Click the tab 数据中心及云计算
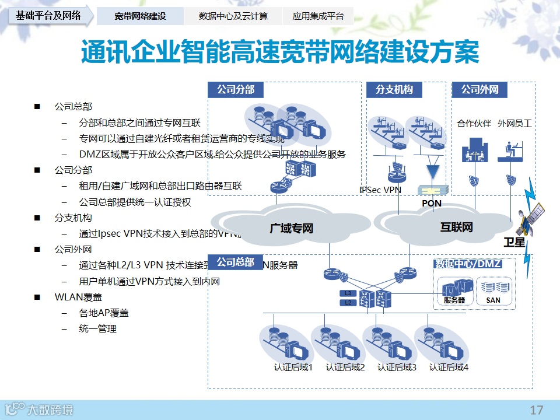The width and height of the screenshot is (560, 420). point(233,16)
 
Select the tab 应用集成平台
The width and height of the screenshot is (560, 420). point(318,16)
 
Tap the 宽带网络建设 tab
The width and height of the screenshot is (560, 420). point(140,16)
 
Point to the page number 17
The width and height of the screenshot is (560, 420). point(536,409)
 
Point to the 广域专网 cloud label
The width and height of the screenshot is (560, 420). point(291,228)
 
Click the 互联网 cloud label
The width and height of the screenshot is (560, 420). point(456,228)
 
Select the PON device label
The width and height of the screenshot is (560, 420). point(432,203)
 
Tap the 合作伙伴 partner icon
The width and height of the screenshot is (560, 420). point(474,150)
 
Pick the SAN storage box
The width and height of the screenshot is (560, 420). point(494,290)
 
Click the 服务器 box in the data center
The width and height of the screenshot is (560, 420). point(454,290)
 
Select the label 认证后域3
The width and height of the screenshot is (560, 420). point(397,367)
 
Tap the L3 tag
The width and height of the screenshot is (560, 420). point(348,293)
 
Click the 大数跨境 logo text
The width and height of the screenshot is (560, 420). point(51,410)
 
